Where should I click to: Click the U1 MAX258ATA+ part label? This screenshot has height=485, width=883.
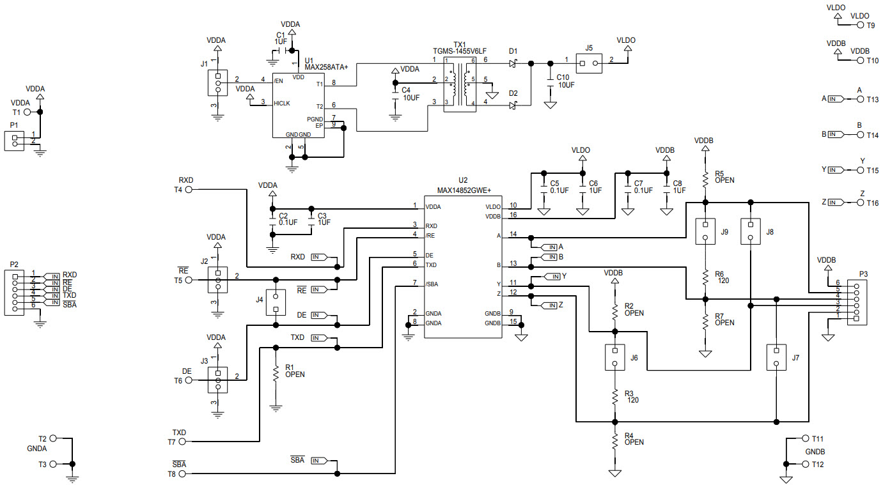[326, 66]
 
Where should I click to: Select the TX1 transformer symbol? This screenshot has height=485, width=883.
[460, 83]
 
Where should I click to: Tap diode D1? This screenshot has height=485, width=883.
[513, 63]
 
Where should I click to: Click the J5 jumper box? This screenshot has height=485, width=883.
[589, 63]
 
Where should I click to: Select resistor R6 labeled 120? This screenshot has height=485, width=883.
[705, 277]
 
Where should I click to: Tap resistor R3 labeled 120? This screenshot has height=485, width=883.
[615, 396]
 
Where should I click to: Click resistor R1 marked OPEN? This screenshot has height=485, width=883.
[276, 373]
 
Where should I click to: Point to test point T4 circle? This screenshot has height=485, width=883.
[189, 189]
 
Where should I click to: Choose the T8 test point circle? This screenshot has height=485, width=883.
[189, 473]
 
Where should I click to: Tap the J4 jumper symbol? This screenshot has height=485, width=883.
[276, 302]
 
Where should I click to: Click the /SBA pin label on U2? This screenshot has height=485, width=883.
[432, 284]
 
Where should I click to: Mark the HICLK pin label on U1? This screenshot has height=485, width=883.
[282, 102]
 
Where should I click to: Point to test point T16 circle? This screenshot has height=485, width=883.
[861, 203]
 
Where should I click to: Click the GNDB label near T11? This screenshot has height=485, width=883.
[815, 451]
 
